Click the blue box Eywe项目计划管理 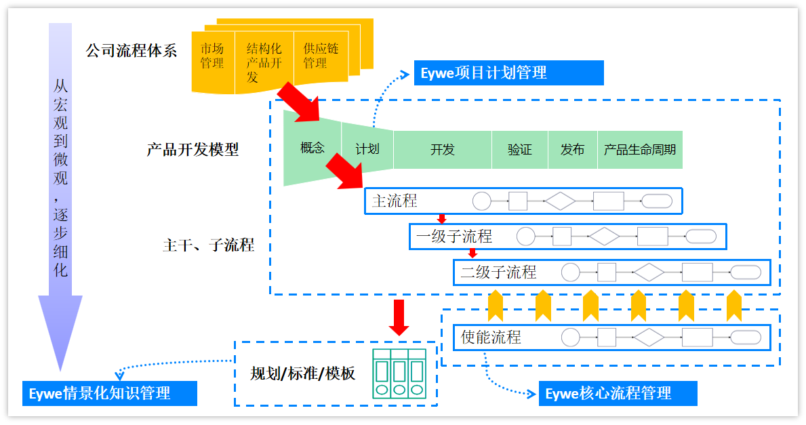pyautogui.click(x=508, y=73)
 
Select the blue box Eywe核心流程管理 pyautogui.click(x=618, y=393)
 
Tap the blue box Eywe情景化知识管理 pyautogui.click(x=109, y=393)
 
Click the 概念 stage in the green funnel pyautogui.click(x=313, y=148)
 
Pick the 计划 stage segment pyautogui.click(x=367, y=148)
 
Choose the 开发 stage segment pyautogui.click(x=443, y=149)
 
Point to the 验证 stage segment pyautogui.click(x=520, y=149)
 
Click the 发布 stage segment pyautogui.click(x=573, y=149)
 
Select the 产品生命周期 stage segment pyautogui.click(x=640, y=149)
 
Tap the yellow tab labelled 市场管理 pyautogui.click(x=212, y=56)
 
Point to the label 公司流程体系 pyautogui.click(x=131, y=51)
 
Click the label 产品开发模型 pyautogui.click(x=193, y=150)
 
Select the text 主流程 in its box pyautogui.click(x=395, y=201)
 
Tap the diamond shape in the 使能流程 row pyautogui.click(x=649, y=338)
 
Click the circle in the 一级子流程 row pyautogui.click(x=526, y=237)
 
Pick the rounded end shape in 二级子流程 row pyautogui.click(x=746, y=272)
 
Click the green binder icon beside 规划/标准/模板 pyautogui.click(x=400, y=373)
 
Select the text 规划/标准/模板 pyautogui.click(x=302, y=373)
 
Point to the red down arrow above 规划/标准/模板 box pyautogui.click(x=399, y=317)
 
